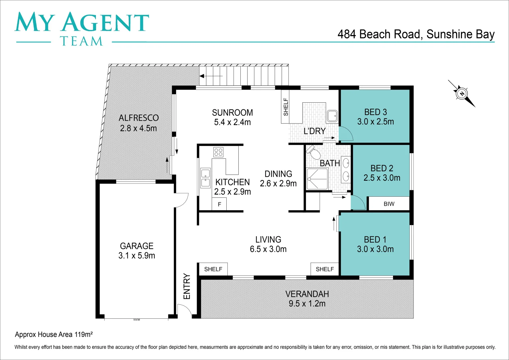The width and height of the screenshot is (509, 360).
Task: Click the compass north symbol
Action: (x=462, y=94)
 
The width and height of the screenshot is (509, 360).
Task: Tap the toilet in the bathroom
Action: (x=314, y=153)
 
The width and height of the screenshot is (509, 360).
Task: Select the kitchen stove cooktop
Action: (x=218, y=152)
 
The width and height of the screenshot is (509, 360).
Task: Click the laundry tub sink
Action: (x=332, y=116)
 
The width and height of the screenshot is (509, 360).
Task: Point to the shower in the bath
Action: (x=317, y=179)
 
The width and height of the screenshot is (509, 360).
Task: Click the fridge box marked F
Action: (x=219, y=204)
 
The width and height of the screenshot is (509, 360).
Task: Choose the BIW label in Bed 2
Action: (x=389, y=204)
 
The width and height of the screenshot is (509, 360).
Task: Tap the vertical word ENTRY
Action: (x=187, y=286)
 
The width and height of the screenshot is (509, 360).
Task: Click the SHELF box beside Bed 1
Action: (x=325, y=269)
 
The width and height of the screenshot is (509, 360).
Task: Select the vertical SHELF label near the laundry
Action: (x=286, y=107)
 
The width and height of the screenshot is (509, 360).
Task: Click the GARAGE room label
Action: (x=137, y=246)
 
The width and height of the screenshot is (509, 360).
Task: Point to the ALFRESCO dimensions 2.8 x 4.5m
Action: (x=138, y=128)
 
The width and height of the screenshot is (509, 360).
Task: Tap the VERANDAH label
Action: (x=307, y=294)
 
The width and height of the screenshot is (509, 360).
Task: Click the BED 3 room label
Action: (x=376, y=112)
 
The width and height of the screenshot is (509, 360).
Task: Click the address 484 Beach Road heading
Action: (x=416, y=34)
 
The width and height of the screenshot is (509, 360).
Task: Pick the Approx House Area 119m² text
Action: (x=54, y=334)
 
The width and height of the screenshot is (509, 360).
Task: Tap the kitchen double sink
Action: (x=205, y=178)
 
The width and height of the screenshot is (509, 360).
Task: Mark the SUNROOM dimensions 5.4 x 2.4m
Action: (x=232, y=122)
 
